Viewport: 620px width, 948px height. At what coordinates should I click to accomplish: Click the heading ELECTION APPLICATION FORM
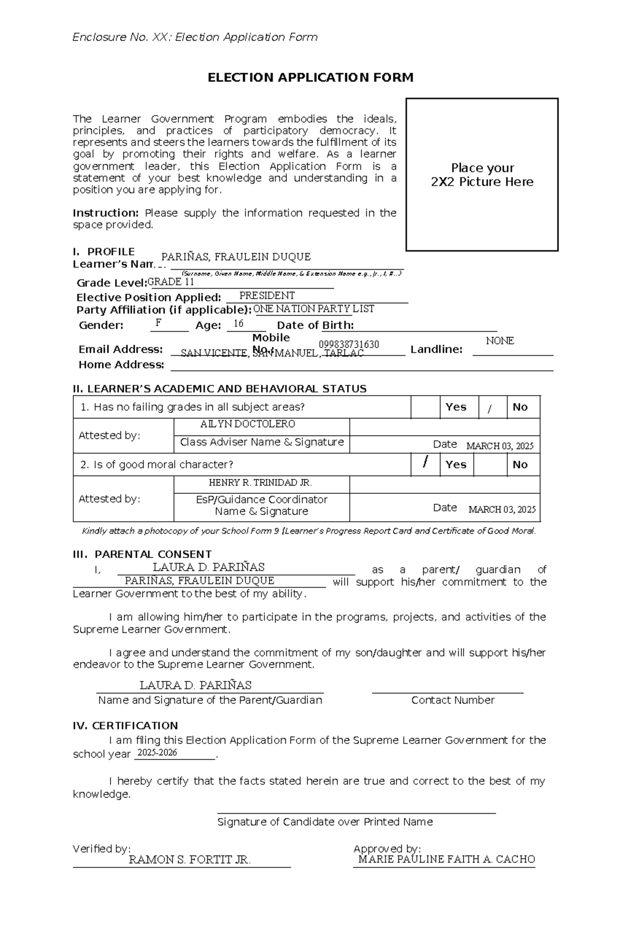point(310,77)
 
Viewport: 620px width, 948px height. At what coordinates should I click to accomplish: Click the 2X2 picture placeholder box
point(482,175)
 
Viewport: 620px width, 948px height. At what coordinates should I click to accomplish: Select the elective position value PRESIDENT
point(267,296)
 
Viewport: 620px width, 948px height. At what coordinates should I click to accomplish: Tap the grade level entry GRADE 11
point(171,282)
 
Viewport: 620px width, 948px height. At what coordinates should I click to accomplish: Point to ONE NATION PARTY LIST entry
point(314,309)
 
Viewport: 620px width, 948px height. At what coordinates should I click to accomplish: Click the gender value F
point(159,323)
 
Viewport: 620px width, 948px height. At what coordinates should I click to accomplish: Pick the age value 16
point(238,324)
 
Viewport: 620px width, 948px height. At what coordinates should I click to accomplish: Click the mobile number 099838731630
point(349,345)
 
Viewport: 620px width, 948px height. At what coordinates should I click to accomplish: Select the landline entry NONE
point(500,341)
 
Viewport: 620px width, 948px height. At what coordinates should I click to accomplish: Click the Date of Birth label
point(315,325)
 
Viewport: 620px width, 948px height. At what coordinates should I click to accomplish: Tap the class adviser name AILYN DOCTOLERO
point(247,424)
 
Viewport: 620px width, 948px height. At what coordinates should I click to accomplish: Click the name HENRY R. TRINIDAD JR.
point(260,483)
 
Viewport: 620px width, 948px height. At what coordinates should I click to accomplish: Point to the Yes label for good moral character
point(456,464)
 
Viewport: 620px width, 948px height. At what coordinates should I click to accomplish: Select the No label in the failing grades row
point(520,407)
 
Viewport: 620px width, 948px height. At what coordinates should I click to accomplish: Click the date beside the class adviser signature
point(500,446)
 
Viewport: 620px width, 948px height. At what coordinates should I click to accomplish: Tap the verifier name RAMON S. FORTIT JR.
point(189,860)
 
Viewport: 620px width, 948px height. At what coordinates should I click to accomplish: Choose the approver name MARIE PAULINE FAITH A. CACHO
point(446,860)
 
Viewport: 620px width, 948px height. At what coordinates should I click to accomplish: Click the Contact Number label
point(453,700)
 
